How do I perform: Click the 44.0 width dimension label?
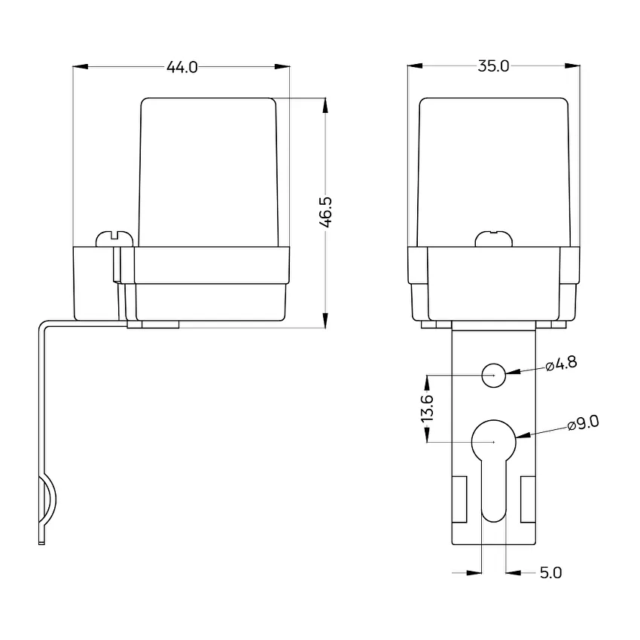[x=181, y=67]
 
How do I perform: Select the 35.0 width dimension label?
[x=493, y=66]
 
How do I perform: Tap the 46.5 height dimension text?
[x=326, y=212]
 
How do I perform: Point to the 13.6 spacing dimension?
[x=427, y=409]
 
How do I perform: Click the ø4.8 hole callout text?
[x=561, y=363]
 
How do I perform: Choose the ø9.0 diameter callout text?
[x=584, y=423]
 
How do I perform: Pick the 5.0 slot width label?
[x=550, y=573]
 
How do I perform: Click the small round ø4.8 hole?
[x=494, y=375]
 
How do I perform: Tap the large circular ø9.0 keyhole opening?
[x=494, y=442]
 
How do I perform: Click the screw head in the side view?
[x=114, y=239]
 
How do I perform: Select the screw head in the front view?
[x=494, y=239]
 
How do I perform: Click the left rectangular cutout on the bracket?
[x=459, y=499]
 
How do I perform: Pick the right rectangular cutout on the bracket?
[x=528, y=499]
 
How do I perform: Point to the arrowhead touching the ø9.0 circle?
[x=523, y=435]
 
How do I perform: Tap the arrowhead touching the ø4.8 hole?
[x=514, y=372]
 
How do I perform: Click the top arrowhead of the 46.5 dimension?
[x=325, y=105]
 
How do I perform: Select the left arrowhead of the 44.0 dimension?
[x=81, y=66]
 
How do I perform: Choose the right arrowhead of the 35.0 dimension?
[x=571, y=66]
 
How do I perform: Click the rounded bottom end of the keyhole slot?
[x=494, y=515]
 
